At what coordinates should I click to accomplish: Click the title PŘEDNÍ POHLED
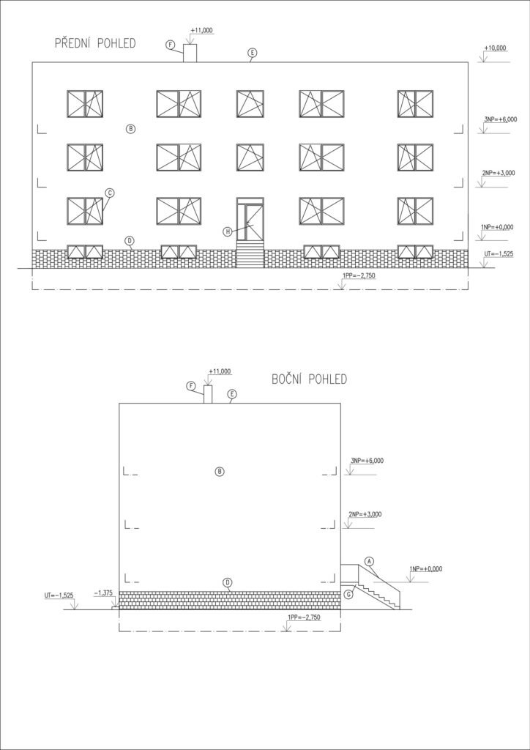click(x=95, y=43)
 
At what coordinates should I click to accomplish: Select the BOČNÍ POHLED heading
click(x=309, y=380)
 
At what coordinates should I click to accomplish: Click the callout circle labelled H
click(x=228, y=231)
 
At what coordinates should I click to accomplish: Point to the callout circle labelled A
click(x=368, y=560)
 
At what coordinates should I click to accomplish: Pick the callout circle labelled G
click(x=349, y=593)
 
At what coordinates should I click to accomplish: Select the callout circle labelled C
click(x=110, y=193)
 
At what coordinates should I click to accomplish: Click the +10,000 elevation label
click(x=495, y=48)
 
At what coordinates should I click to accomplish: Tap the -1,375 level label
click(x=103, y=593)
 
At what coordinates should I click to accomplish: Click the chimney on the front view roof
click(x=190, y=53)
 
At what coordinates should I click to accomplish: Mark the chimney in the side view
click(x=208, y=394)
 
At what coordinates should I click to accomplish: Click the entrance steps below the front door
click(x=250, y=254)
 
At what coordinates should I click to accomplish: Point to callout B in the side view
click(x=220, y=472)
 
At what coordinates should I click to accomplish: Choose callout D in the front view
click(x=129, y=240)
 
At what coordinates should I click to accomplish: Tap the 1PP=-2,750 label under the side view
click(x=304, y=617)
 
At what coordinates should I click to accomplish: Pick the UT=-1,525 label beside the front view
click(x=499, y=254)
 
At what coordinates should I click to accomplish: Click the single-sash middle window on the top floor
click(x=250, y=104)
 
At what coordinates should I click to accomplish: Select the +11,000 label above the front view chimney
click(x=201, y=31)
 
